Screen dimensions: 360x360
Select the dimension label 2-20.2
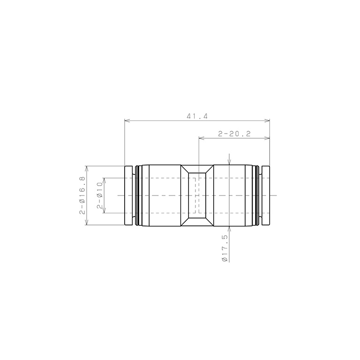(234, 134)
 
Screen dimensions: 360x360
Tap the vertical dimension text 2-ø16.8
(82, 195)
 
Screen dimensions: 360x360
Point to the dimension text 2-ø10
(99, 195)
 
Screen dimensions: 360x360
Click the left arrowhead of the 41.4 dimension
(127, 121)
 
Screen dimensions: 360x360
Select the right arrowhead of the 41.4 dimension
(268, 121)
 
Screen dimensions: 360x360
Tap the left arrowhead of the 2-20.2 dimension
(202, 138)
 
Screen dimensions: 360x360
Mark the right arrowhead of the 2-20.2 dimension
(268, 138)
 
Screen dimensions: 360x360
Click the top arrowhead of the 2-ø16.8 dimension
(87, 168)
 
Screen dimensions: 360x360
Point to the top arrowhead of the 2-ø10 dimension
(104, 180)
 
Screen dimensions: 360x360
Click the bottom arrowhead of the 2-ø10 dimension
(104, 210)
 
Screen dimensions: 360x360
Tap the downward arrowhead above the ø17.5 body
(229, 163)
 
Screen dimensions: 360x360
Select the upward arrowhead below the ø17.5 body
(229, 228)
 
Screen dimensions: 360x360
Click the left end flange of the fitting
(129, 195)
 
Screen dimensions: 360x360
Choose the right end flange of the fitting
(266, 195)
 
